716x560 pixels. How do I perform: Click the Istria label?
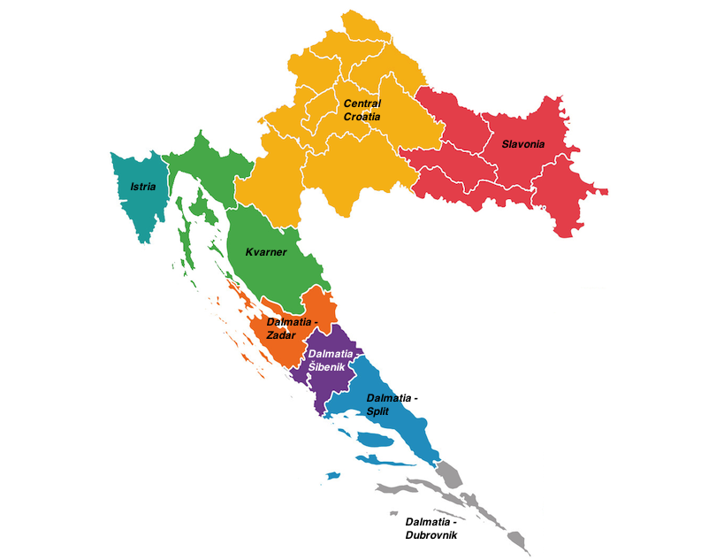(142, 187)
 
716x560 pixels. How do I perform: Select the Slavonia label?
(523, 143)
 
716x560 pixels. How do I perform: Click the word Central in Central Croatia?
(362, 104)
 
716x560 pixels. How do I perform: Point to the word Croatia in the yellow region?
(362, 117)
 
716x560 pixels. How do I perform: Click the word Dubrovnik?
(431, 534)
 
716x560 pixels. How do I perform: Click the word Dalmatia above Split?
(392, 398)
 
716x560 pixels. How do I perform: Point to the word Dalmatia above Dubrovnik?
(431, 522)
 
